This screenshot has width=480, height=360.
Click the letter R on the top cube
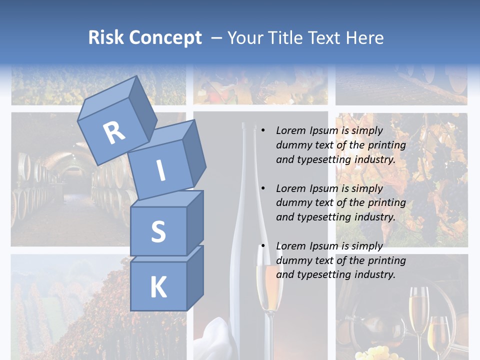tap(114, 133)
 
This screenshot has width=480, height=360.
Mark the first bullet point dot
tap(263, 131)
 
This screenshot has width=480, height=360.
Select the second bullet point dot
tap(263, 189)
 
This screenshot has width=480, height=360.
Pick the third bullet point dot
tap(263, 246)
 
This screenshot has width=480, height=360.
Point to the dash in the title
tap(216, 38)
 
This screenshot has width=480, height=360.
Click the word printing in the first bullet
tap(387, 145)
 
